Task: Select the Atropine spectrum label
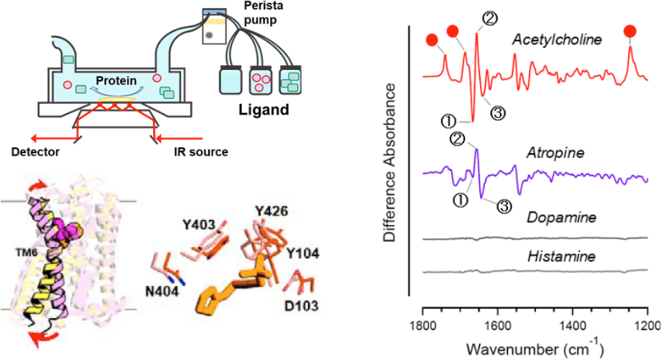549,154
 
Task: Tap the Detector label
38,151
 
